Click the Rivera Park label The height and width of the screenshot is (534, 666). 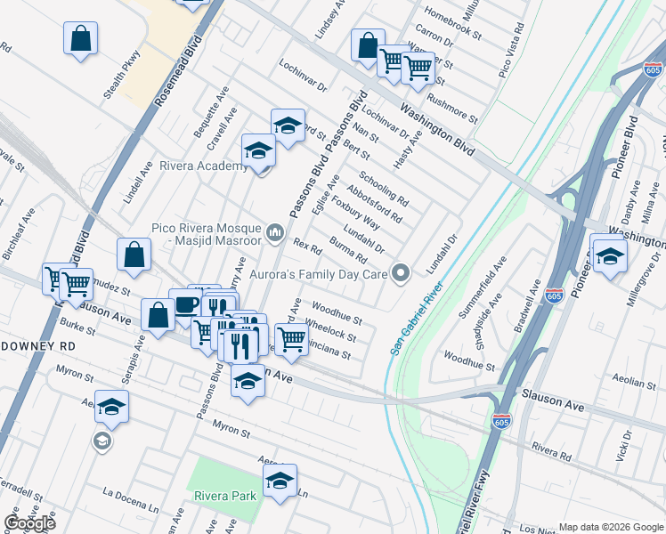tap(222, 496)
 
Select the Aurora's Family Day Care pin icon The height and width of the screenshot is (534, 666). tap(402, 273)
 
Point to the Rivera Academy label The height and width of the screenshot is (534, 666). tap(203, 166)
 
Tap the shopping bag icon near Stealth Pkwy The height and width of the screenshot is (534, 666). tap(80, 39)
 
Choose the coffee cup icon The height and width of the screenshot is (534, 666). tap(186, 305)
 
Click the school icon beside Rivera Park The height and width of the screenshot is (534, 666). tap(280, 481)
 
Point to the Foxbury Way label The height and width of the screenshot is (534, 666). tap(355, 219)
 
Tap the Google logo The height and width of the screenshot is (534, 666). tap(28, 523)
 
